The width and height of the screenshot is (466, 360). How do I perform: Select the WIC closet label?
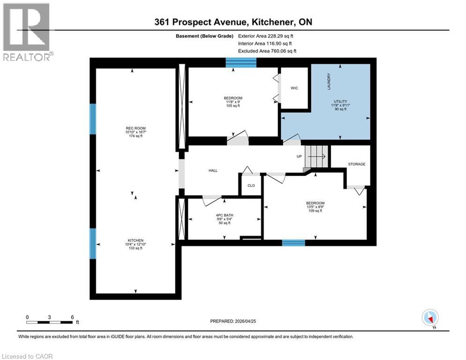click(294, 88)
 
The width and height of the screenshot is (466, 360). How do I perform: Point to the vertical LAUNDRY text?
click(329, 81)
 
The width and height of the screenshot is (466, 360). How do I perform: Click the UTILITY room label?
click(340, 101)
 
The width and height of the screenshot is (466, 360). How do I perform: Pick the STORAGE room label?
click(356, 164)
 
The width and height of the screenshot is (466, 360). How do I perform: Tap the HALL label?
click(213, 171)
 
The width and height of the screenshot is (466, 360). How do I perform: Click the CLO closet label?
click(251, 186)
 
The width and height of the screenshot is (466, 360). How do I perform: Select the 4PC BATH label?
click(223, 215)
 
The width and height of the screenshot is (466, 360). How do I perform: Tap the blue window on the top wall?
click(241, 62)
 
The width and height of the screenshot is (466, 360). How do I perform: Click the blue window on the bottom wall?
click(293, 243)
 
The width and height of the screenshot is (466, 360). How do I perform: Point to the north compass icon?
click(429, 318)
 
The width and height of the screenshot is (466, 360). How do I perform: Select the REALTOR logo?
click(27, 32)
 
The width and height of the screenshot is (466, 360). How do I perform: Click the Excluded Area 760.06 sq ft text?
click(267, 51)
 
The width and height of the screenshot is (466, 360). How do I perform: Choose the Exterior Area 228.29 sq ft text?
click(267, 36)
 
